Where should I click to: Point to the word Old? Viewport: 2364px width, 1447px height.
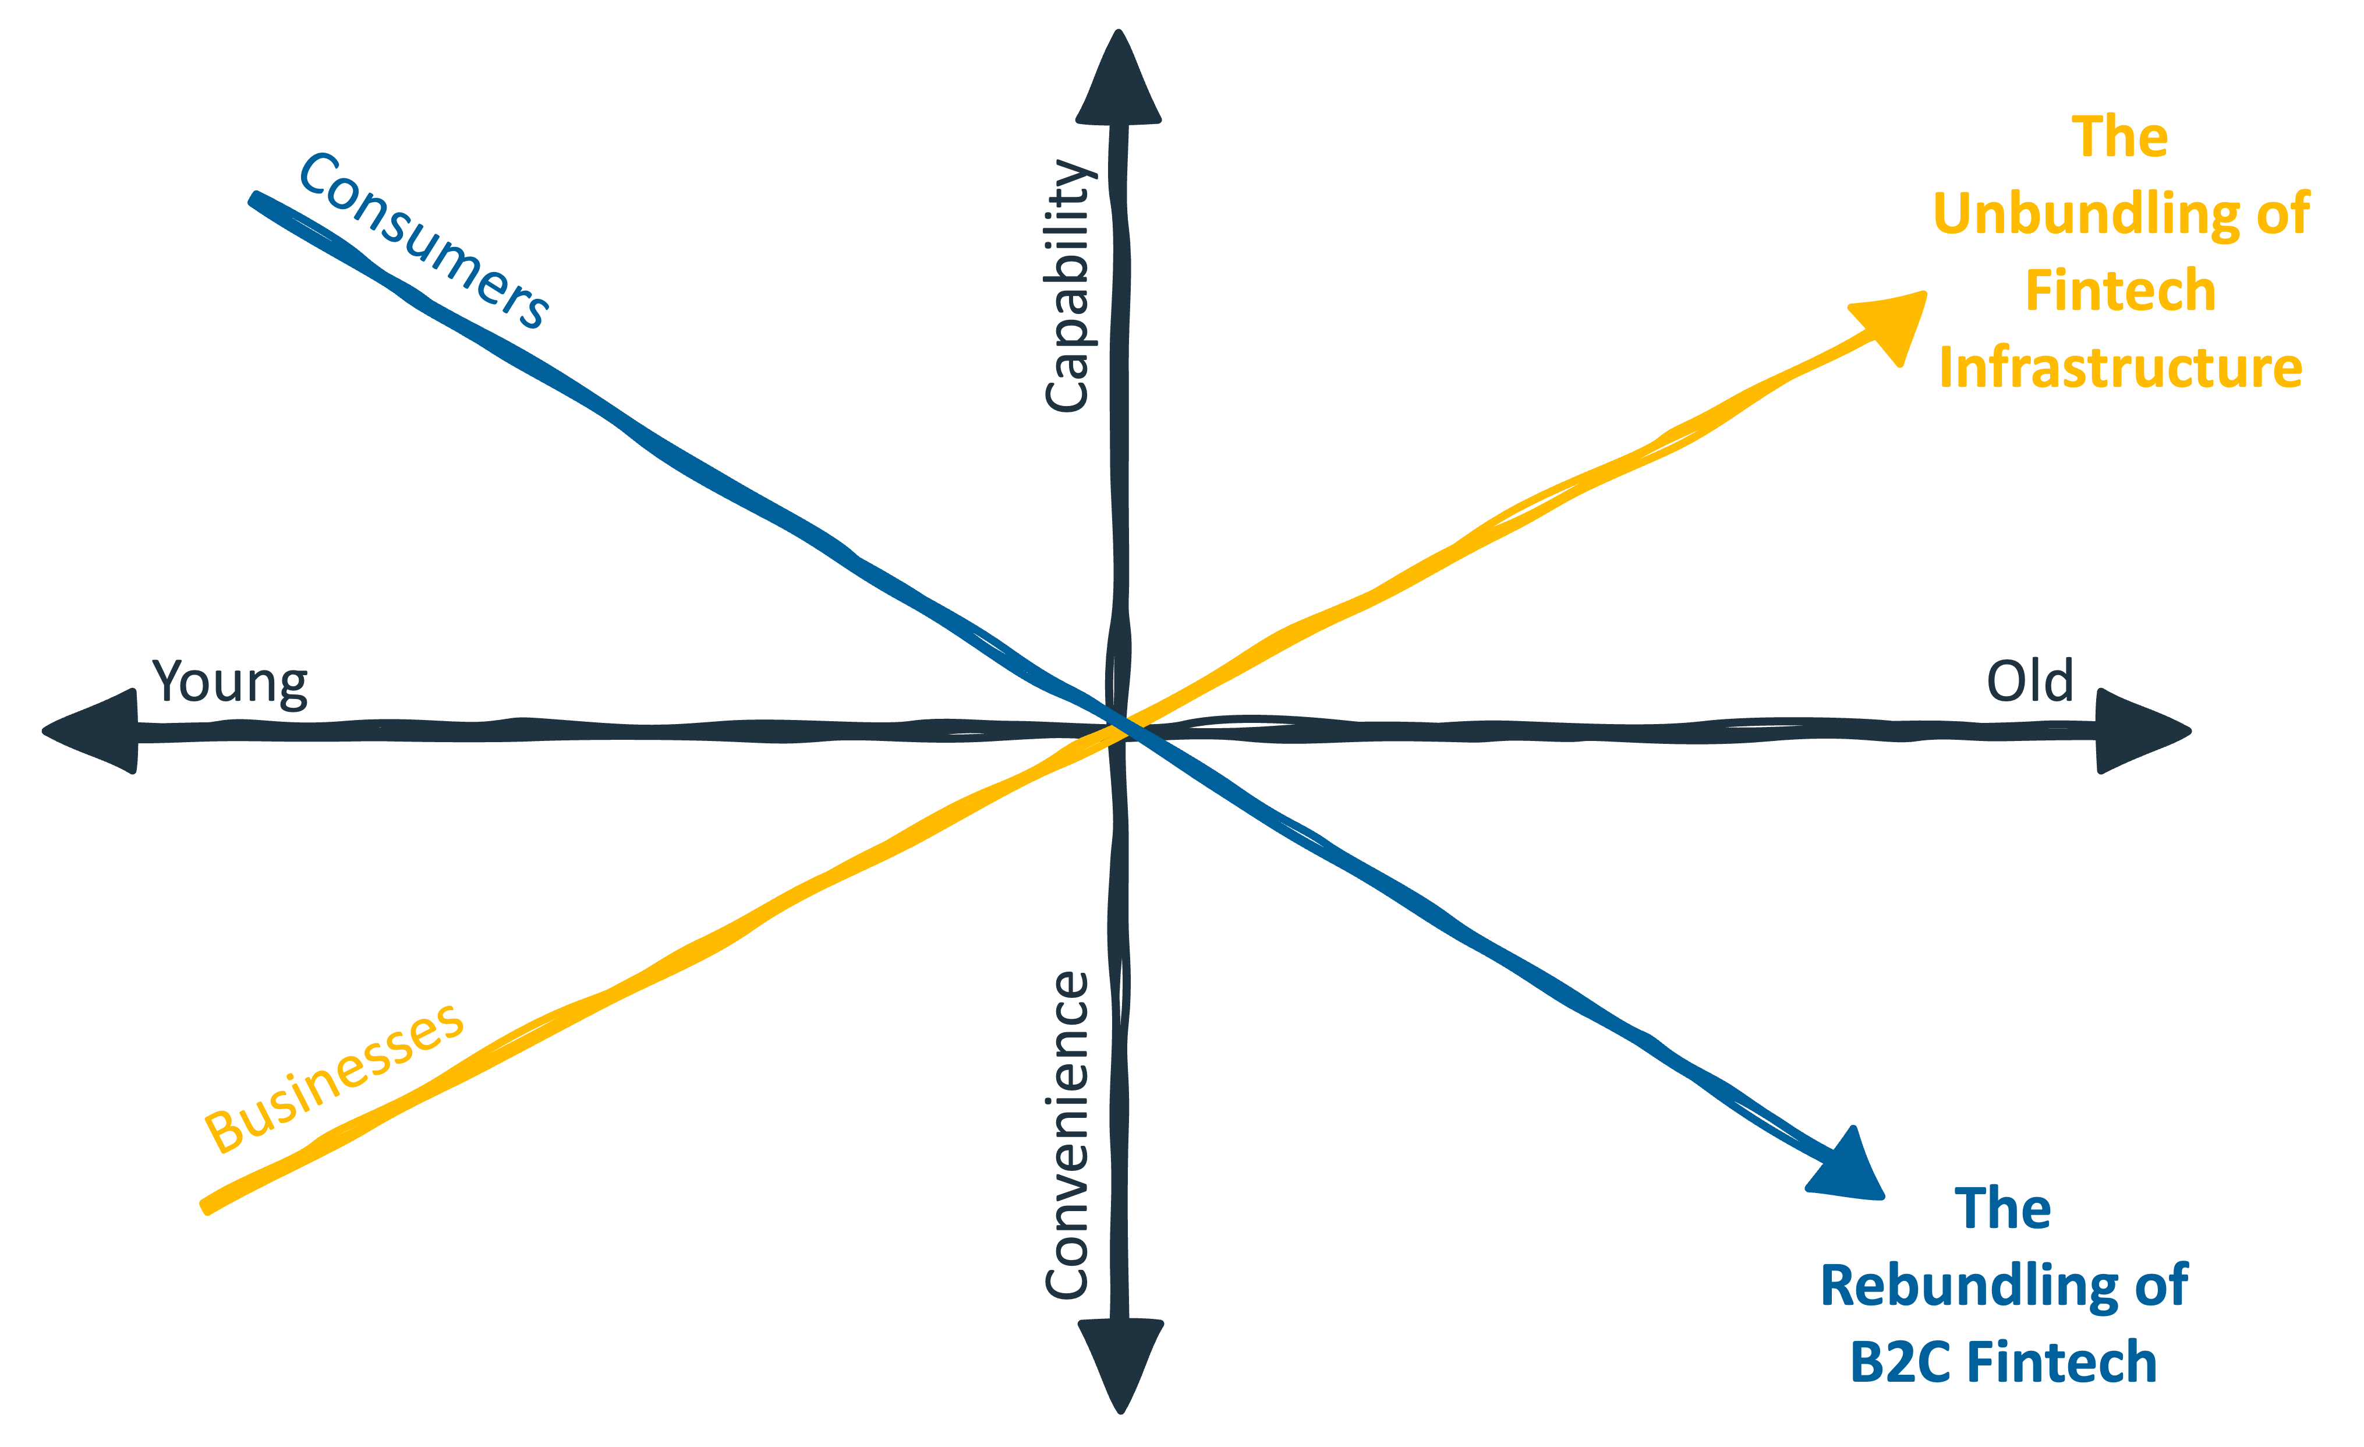coord(2029,682)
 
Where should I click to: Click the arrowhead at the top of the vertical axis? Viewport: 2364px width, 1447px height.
coord(1119,82)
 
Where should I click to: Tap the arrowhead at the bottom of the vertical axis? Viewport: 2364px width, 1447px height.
coord(1121,1363)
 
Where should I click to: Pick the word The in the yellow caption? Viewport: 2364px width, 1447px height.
coord(2119,137)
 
